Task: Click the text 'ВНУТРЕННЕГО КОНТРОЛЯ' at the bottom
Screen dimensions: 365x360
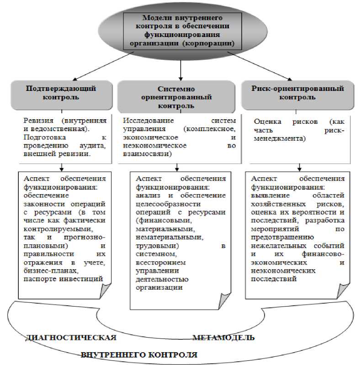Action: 139,354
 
